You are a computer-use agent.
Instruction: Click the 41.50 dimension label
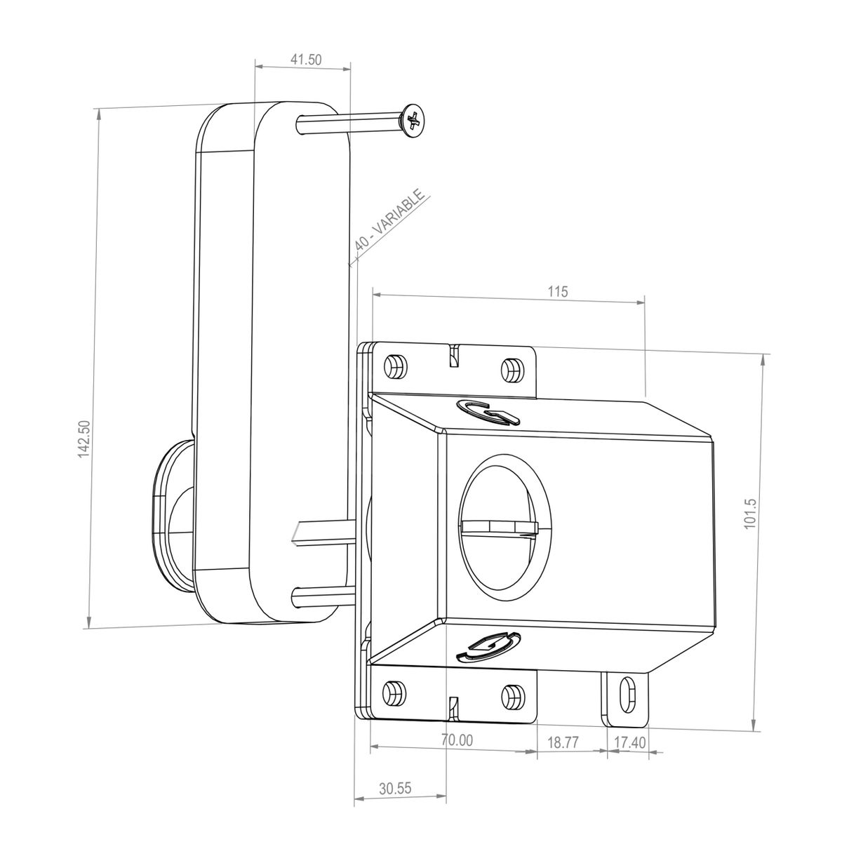pos(305,60)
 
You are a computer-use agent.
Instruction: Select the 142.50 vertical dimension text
pos(83,439)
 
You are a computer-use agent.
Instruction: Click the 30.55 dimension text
pos(395,788)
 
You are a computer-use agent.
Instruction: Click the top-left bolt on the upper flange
pos(396,366)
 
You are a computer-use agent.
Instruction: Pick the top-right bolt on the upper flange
pos(513,368)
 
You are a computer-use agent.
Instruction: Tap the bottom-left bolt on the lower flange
pos(396,693)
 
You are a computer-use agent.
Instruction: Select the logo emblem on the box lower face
pos(488,646)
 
